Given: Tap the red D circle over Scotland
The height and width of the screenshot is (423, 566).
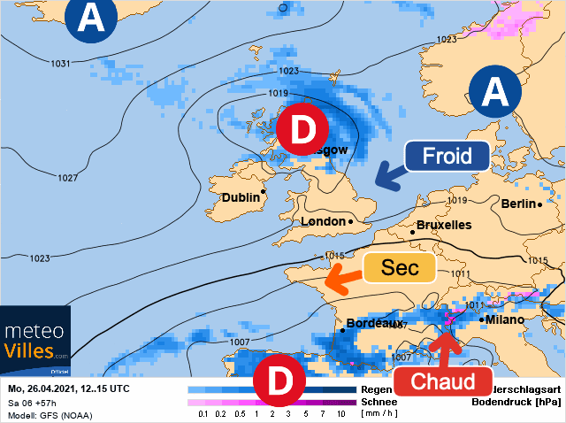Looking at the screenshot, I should pyautogui.click(x=302, y=132).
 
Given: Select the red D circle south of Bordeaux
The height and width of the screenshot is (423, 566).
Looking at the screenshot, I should pyautogui.click(x=279, y=381).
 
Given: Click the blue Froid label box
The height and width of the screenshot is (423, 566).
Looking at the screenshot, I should pyautogui.click(x=447, y=157).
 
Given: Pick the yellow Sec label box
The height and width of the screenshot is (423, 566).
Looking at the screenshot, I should pyautogui.click(x=399, y=267).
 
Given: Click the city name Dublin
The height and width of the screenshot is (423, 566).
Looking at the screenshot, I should pyautogui.click(x=240, y=197).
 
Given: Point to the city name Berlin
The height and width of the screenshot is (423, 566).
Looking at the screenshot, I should pyautogui.click(x=518, y=204).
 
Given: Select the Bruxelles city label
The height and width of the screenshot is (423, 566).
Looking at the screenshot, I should pyautogui.click(x=443, y=225).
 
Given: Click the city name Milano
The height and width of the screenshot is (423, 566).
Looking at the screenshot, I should pyautogui.click(x=505, y=319).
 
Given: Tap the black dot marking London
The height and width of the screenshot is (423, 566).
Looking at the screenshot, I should pyautogui.click(x=350, y=220).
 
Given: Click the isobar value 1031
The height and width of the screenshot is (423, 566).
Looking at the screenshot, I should pyautogui.click(x=61, y=64).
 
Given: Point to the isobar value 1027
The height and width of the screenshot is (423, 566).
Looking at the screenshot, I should pyautogui.click(x=68, y=178).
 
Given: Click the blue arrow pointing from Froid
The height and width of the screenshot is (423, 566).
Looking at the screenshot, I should pyautogui.click(x=386, y=175).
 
